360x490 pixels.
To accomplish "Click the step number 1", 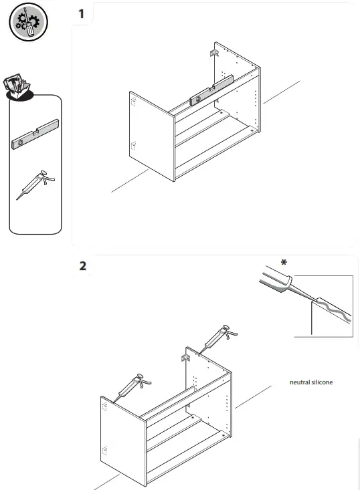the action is (x=82, y=14).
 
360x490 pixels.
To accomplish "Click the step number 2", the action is (x=82, y=266).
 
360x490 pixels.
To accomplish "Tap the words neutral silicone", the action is (x=311, y=382).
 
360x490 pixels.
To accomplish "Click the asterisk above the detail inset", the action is (x=284, y=262).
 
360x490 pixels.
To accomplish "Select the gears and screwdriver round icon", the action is (x=29, y=22).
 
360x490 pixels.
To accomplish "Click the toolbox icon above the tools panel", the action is (x=18, y=87).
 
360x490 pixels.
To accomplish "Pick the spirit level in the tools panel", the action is (x=35, y=134).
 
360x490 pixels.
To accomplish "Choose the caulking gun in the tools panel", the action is (x=35, y=185).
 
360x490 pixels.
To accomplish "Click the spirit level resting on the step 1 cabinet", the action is (x=211, y=90).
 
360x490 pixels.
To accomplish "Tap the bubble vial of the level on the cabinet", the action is (x=198, y=99).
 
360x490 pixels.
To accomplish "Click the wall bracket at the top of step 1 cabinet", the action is (x=214, y=53).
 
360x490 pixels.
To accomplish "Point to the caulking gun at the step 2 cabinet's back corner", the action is (x=218, y=340).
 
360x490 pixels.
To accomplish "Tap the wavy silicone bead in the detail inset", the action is (x=333, y=310).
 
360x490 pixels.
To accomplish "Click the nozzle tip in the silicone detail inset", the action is (x=312, y=301).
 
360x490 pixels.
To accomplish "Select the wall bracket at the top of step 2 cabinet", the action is (x=186, y=358).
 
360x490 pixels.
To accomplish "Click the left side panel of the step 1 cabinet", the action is (x=152, y=136).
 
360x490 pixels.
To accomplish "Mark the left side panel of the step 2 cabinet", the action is (x=123, y=441).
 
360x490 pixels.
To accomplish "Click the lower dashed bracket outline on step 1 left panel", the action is (x=133, y=145).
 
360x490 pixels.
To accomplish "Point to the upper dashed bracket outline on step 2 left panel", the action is (x=105, y=406).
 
